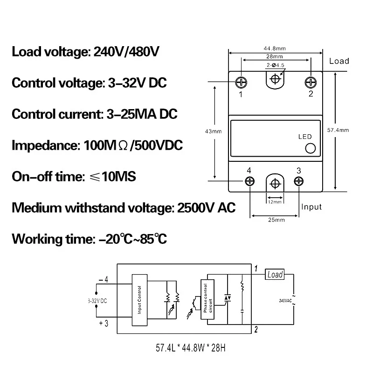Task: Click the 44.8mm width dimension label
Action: click(x=275, y=47)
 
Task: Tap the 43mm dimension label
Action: click(x=214, y=131)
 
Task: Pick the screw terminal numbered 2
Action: click(x=311, y=82)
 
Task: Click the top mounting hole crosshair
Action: click(x=276, y=78)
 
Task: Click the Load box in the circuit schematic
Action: click(x=275, y=275)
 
